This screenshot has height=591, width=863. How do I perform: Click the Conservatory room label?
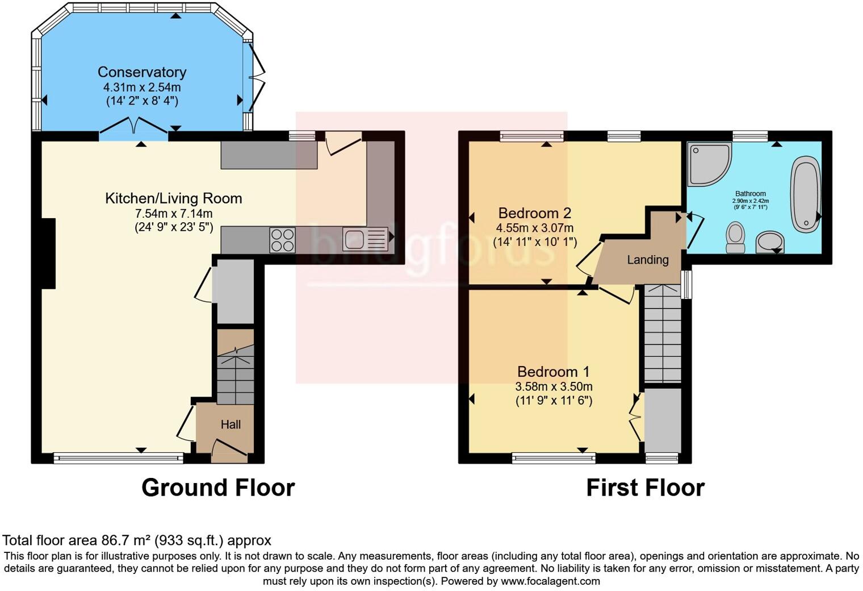141,72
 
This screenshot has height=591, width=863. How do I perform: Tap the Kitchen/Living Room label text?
173,198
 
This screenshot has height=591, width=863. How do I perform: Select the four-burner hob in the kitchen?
282,240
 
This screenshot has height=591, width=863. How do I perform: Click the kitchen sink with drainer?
365,239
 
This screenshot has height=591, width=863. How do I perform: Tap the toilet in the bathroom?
735,238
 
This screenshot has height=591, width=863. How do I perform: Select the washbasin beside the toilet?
770,242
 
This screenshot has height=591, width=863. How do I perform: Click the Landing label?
647,260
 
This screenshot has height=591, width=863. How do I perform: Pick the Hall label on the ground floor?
231,424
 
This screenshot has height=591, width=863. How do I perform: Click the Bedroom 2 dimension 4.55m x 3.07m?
534,228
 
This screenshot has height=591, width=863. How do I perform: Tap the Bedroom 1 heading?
553,372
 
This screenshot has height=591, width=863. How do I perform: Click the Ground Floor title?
218,488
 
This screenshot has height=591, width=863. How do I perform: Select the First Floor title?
645,488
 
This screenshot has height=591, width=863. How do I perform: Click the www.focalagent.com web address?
550,581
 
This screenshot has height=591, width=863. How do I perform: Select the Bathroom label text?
750,194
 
